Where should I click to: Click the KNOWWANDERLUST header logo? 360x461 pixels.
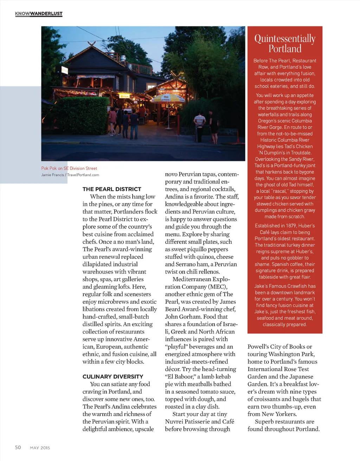[x=39, y=14]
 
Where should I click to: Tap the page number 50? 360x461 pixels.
[x=18, y=447]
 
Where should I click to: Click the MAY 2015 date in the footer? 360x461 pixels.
[x=40, y=448]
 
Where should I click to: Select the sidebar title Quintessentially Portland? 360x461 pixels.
[x=285, y=43]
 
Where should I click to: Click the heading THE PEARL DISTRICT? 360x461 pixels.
[x=112, y=189]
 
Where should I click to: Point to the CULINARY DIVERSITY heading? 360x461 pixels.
[x=113, y=376]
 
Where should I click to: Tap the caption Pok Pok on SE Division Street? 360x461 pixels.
[x=69, y=168]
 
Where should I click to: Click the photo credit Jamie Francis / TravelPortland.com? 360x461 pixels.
[x=70, y=175]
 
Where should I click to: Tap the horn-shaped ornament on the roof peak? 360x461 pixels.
[x=92, y=44]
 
